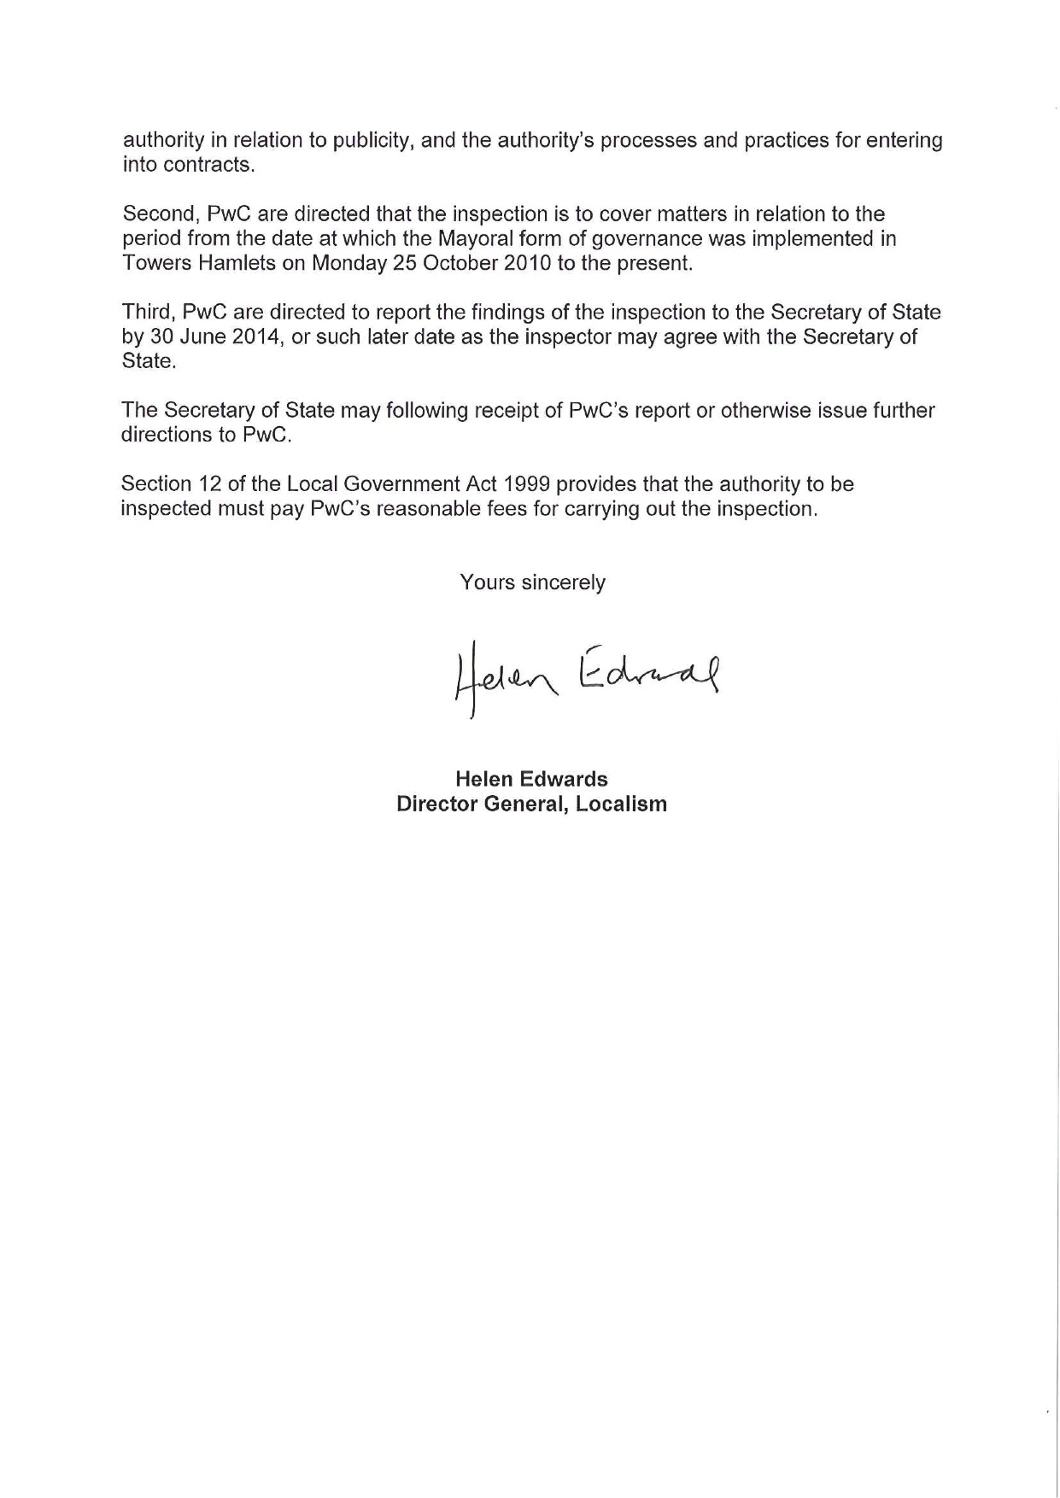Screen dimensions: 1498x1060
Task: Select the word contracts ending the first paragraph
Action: click(x=208, y=165)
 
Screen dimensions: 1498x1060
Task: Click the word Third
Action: click(x=147, y=313)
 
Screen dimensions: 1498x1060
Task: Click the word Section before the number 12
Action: click(x=156, y=484)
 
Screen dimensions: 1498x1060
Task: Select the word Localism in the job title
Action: click(x=621, y=804)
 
